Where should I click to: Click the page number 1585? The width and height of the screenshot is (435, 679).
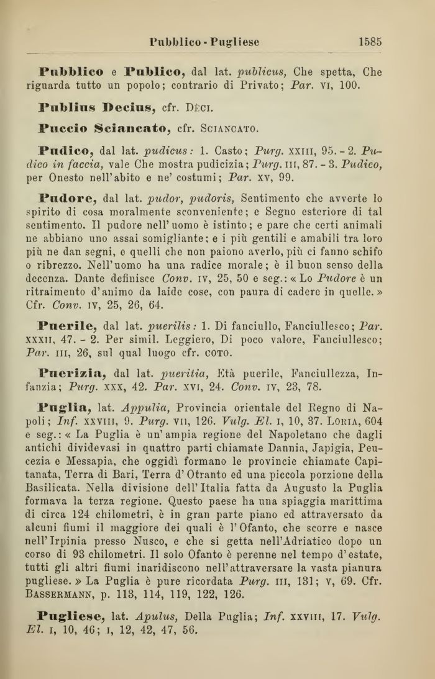coord(370,42)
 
